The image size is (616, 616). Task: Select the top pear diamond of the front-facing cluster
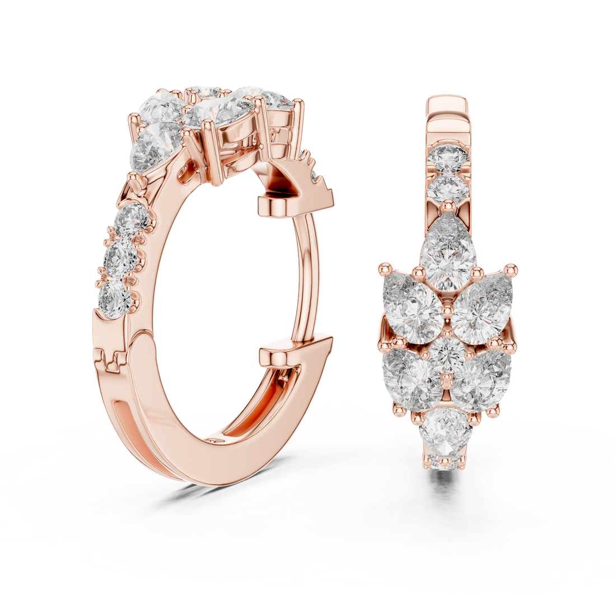[x=446, y=255]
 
